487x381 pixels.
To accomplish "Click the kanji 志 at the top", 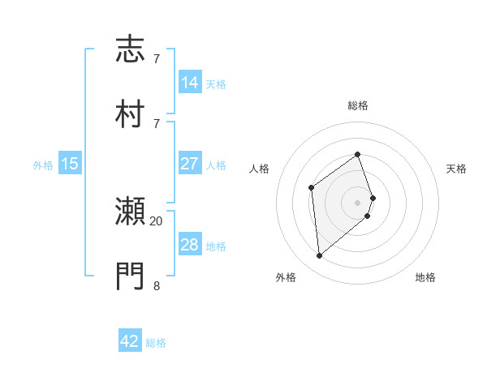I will point(131,49).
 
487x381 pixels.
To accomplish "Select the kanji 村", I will point(131,113).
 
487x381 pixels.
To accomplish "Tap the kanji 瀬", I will point(131,212).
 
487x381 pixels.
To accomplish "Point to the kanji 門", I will point(131,276).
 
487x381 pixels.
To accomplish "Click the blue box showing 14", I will point(190,83).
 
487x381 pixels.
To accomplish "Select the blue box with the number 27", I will point(190,164).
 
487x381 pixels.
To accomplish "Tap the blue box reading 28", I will point(190,245).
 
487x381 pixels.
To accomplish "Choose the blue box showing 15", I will point(70,164).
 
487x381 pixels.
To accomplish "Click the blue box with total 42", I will point(130,341).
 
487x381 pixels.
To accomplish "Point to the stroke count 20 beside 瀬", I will point(157,220).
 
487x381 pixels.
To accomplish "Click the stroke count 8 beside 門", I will point(157,285).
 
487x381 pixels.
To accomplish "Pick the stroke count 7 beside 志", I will point(157,59).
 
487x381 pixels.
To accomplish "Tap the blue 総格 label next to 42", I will point(156,343).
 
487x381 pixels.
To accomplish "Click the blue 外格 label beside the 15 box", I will point(43,165).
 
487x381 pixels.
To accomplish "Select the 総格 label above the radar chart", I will point(357,105).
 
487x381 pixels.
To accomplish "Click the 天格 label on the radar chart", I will point(456,169).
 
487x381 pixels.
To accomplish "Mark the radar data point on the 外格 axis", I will point(319,256).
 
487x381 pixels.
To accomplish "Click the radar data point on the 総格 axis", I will point(357,154).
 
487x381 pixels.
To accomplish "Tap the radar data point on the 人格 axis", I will point(311,188).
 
